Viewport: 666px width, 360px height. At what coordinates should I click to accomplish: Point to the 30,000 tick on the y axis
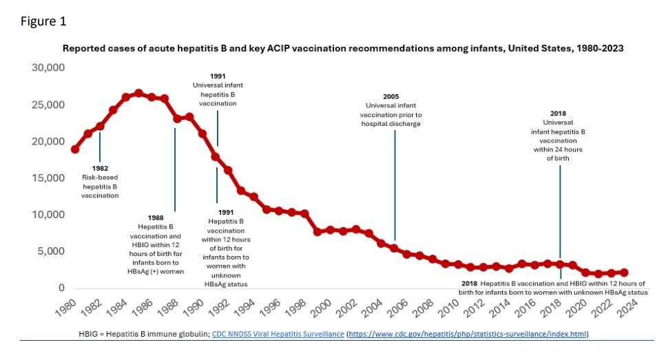click(48, 68)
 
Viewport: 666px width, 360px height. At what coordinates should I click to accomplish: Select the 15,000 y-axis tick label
click(48, 178)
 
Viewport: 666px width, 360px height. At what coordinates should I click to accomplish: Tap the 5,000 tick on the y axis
click(51, 251)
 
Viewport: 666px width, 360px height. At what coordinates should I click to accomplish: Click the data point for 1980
click(74, 149)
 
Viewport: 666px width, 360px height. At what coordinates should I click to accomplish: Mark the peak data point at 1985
click(138, 93)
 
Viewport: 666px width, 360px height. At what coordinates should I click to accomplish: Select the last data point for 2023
click(624, 273)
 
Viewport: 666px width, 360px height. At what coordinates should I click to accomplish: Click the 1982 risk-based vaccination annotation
click(100, 182)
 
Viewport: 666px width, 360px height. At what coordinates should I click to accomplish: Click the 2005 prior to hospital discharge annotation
click(391, 110)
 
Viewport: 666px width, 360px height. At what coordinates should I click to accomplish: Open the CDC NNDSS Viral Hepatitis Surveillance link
click(275, 334)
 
